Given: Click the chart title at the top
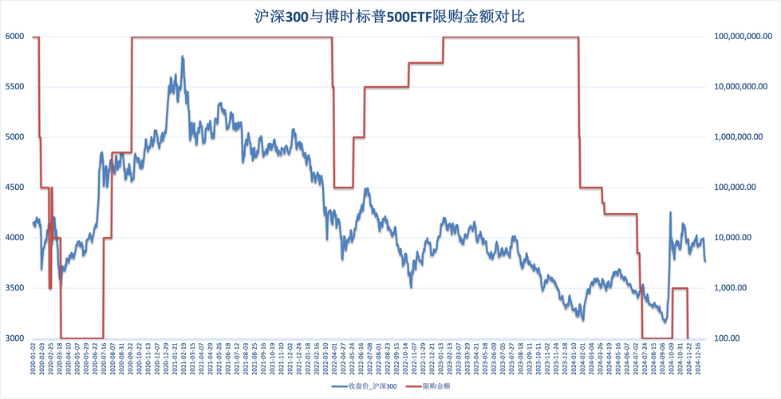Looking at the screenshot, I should coord(390,16).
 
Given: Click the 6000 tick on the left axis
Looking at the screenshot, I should coord(14,37).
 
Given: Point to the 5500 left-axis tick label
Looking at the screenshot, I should coord(14,87).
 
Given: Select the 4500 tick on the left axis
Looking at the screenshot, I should coord(14,188).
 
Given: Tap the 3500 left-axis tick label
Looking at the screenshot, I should coord(14,288).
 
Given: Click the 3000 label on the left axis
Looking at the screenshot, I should coord(14,338).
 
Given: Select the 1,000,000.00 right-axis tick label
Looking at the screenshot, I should coord(746,137).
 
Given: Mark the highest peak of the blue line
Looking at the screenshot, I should coord(183,57).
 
